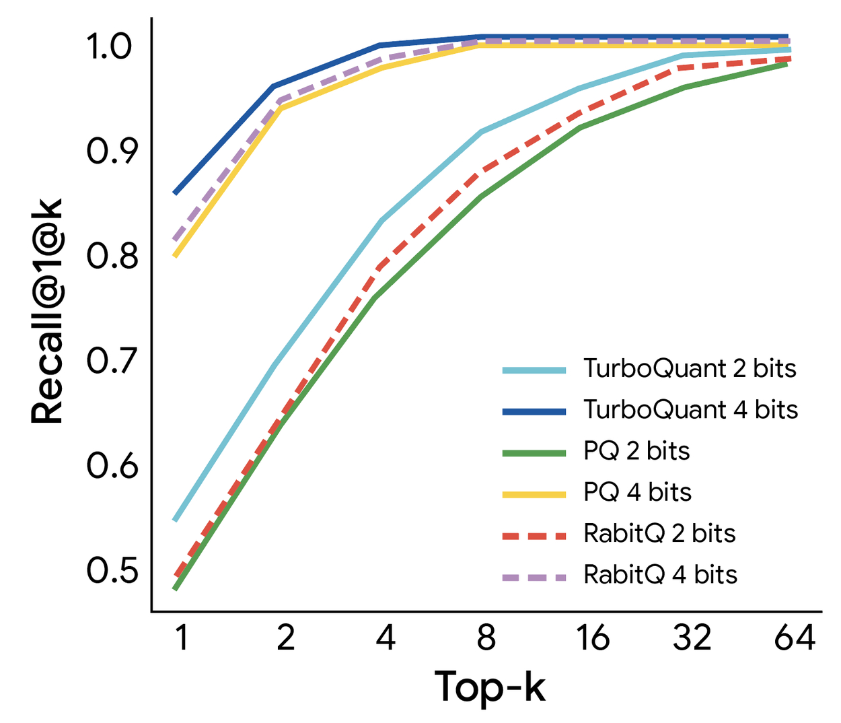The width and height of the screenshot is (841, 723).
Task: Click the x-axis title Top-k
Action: coord(489,687)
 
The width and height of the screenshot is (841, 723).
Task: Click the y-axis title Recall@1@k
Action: coord(48,311)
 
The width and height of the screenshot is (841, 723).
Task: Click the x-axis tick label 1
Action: coord(181,638)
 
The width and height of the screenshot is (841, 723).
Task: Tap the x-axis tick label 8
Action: coord(486,638)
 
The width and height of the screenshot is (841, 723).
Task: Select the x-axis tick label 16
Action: coord(592,638)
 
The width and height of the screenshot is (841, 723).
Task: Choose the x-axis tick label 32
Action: coord(692,638)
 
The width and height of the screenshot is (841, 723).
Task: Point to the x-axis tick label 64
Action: coord(794,638)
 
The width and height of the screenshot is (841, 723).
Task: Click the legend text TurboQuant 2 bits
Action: coord(690,369)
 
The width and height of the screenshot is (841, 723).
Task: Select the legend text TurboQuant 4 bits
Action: coord(690,410)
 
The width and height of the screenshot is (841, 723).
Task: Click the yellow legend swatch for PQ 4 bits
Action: coord(534,494)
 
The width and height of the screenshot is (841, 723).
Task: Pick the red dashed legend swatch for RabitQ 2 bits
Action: coord(534,536)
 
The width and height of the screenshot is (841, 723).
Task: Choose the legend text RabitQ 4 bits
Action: coord(660,575)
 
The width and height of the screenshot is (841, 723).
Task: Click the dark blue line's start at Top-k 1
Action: coord(176,193)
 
